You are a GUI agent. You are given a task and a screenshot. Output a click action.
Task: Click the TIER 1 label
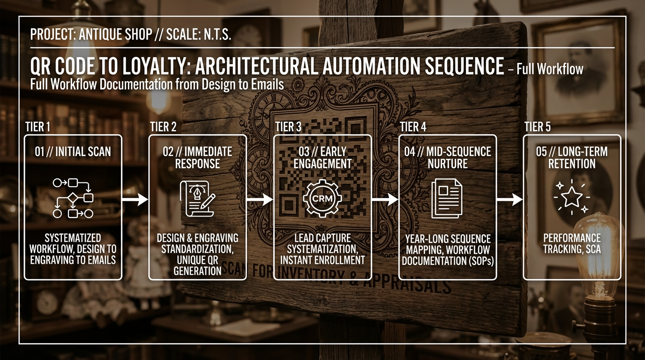point(38,127)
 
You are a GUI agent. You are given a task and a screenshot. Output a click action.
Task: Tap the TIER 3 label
point(288,127)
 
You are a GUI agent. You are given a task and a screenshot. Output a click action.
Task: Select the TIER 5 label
point(538,127)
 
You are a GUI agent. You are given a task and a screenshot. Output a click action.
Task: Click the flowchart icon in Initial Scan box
point(73,198)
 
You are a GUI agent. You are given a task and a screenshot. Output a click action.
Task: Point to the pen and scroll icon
point(197,199)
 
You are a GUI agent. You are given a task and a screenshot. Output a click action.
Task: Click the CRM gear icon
point(322,199)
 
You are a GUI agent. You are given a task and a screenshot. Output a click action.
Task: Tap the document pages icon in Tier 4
point(447,198)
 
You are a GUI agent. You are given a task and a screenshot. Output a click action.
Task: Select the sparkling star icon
point(571,197)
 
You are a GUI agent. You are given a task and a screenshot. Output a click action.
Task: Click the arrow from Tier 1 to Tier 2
point(135,200)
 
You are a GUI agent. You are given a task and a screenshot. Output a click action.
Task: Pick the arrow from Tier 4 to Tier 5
point(509,200)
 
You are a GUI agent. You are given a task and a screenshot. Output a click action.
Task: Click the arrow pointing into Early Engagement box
point(260,200)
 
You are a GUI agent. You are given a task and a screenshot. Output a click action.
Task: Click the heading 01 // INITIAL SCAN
point(73,151)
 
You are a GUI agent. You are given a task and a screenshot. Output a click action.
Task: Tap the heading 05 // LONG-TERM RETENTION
point(572,157)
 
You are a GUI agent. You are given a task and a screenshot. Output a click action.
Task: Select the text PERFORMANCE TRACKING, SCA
point(572,243)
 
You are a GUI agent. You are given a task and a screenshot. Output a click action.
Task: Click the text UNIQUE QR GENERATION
point(197,266)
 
